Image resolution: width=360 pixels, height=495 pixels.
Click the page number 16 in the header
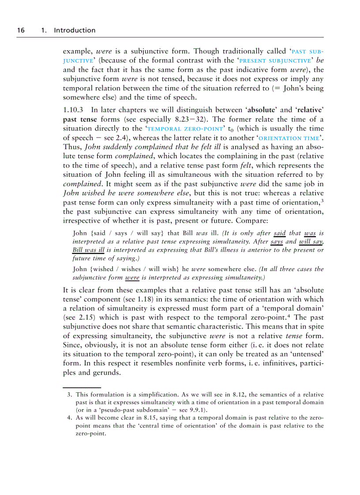20,30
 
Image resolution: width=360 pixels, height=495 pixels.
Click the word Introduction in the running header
74,30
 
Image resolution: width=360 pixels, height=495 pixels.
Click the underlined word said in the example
279,233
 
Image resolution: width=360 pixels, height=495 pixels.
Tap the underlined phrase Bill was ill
88,250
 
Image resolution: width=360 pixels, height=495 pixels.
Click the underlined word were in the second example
132,278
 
